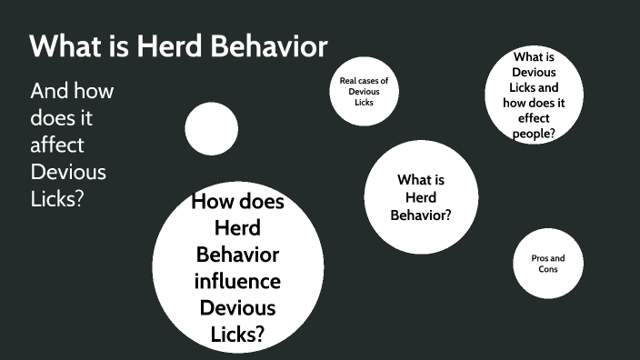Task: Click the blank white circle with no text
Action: click(x=212, y=128)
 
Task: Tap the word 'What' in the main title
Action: click(x=62, y=46)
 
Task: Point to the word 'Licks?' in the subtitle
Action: click(x=57, y=197)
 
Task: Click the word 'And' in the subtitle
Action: click(x=48, y=92)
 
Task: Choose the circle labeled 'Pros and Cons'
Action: click(x=547, y=264)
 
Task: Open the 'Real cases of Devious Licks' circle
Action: click(x=364, y=92)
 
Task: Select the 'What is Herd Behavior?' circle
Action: click(x=421, y=197)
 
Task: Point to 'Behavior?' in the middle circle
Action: click(x=421, y=215)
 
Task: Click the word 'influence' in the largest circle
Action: click(x=237, y=280)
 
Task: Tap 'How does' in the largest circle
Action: click(x=237, y=202)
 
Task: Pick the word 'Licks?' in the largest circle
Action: click(x=237, y=334)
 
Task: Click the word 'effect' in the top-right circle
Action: click(x=534, y=118)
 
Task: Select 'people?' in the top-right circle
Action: click(x=534, y=134)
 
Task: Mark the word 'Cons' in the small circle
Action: click(x=547, y=270)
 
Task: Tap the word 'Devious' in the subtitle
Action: click(x=68, y=171)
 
